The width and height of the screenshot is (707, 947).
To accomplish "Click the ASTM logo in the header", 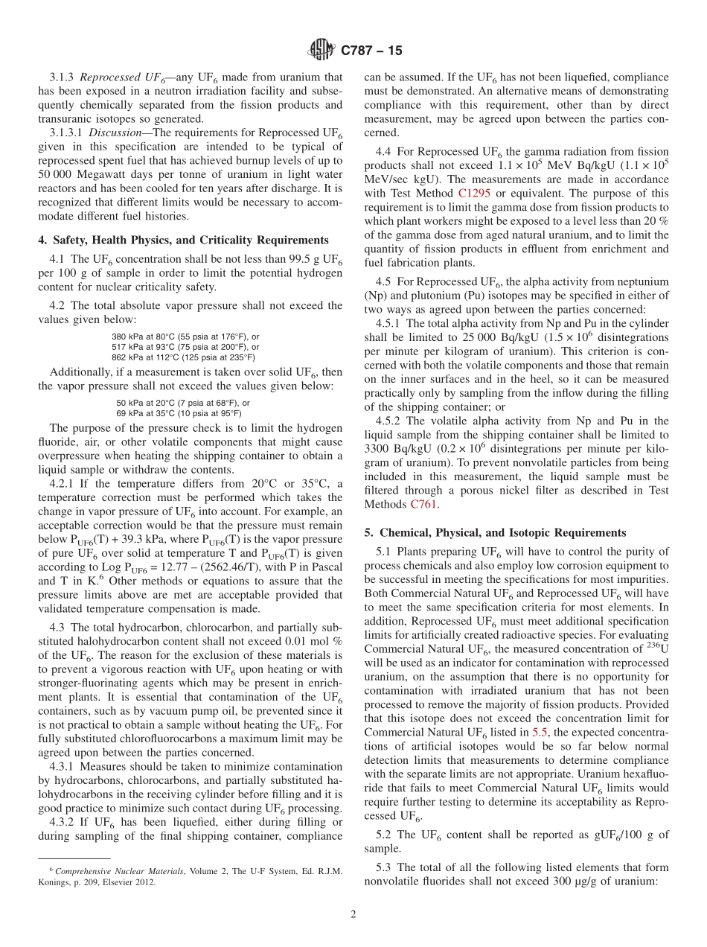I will point(321,51).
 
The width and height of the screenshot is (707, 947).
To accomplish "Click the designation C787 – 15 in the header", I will point(371,51).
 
